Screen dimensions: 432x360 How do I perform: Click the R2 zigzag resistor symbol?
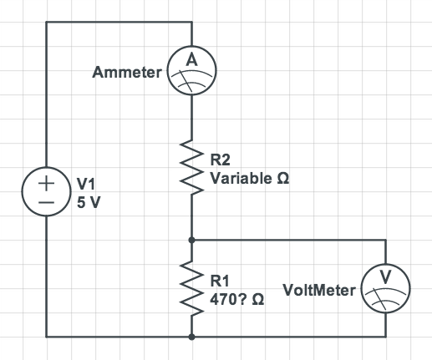point(191,167)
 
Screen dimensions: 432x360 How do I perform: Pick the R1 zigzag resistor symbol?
point(191,288)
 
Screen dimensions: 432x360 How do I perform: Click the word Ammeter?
point(127,73)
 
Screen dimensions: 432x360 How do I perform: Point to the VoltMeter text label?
point(319,290)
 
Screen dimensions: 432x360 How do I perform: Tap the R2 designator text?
point(220,160)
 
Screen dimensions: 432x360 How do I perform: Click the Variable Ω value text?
point(250,178)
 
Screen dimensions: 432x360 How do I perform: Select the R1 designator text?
point(220,281)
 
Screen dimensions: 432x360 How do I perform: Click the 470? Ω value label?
point(237,300)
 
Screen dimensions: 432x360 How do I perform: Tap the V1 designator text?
point(86,184)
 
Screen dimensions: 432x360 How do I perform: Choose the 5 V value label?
point(89,202)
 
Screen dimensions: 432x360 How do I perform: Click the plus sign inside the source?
point(46,184)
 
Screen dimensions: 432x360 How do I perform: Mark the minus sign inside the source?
point(46,203)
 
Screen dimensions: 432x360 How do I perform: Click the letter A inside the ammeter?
point(192,59)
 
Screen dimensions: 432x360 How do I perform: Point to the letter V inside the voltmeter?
point(386,277)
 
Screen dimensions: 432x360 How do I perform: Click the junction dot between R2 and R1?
point(191,240)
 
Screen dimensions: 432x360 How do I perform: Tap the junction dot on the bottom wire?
point(191,337)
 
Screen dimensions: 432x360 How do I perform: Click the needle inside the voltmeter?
point(380,299)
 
